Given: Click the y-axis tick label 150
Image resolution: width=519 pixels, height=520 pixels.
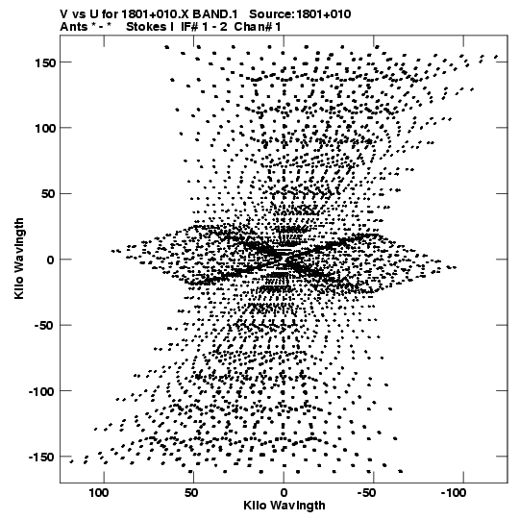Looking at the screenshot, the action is pos(44,62).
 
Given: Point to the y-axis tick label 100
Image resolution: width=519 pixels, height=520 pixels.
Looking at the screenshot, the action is pos(44,128).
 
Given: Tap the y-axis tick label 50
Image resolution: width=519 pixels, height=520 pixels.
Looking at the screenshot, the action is pos(48,193).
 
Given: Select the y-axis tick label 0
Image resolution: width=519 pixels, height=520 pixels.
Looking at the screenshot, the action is pos(50,260).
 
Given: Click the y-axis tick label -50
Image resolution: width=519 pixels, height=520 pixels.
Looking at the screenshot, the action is pos(44,325).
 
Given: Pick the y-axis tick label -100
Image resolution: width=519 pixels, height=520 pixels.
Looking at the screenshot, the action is pos(41,391).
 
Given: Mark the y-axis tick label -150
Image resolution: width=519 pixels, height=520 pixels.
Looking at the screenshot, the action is pos(41,457).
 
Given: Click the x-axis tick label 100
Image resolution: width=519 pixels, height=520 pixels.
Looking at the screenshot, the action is pos(99,493).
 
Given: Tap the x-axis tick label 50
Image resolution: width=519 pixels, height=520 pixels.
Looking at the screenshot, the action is pos(191,493).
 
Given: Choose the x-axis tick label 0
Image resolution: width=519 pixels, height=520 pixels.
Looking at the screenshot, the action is pos(284,493).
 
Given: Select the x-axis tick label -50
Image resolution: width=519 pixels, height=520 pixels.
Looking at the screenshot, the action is pos(366,493).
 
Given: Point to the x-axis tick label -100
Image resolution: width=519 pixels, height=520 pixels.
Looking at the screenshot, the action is pos(454,493).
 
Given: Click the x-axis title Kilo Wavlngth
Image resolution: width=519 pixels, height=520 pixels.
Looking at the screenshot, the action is pos(284,506).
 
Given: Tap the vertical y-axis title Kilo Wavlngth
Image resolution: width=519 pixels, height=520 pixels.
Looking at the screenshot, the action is pos(19,259).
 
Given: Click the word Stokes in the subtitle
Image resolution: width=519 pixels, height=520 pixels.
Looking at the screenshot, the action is pos(146,27).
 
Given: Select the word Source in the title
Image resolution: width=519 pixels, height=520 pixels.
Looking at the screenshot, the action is pos(271,14).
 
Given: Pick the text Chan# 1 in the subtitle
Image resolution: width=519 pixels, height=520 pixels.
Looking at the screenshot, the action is pos(258,27).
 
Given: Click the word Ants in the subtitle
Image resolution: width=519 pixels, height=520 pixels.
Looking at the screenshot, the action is pos(74,27).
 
